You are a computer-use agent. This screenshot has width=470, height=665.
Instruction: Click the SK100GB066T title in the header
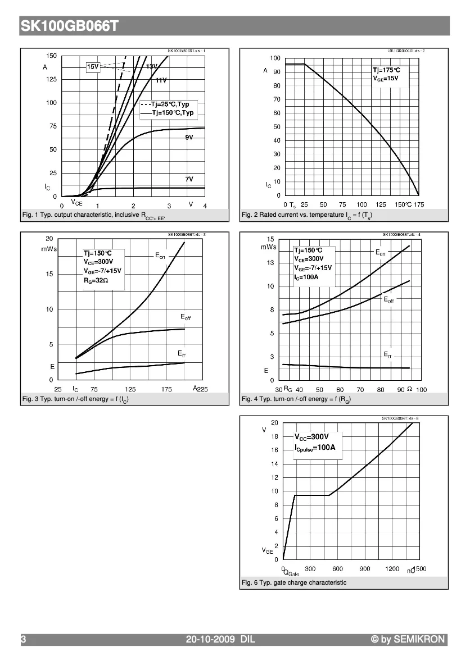point(69,26)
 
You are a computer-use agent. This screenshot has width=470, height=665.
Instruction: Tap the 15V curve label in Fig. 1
point(93,67)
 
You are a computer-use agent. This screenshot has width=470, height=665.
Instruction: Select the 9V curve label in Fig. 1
point(189,138)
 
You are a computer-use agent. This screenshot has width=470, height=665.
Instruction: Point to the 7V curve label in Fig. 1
point(189,179)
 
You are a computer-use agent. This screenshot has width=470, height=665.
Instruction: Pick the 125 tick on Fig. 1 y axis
point(51,79)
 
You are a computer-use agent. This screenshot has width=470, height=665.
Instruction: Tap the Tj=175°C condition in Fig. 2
point(387,70)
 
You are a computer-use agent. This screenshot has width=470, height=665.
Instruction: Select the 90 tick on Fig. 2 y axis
point(276,72)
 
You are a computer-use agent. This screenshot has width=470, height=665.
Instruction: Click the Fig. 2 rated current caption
point(306,215)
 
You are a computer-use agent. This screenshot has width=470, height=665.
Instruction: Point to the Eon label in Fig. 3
point(160,256)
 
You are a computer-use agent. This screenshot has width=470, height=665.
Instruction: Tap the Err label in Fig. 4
point(388,354)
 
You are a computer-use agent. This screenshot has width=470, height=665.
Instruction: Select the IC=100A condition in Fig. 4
point(306,277)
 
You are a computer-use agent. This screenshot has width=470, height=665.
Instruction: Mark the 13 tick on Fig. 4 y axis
point(270,263)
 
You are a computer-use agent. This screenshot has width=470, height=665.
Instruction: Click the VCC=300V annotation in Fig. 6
point(311,436)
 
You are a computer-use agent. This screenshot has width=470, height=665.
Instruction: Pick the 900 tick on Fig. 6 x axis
point(365,569)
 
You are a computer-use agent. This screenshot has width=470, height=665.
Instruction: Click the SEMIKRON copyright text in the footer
point(408,639)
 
